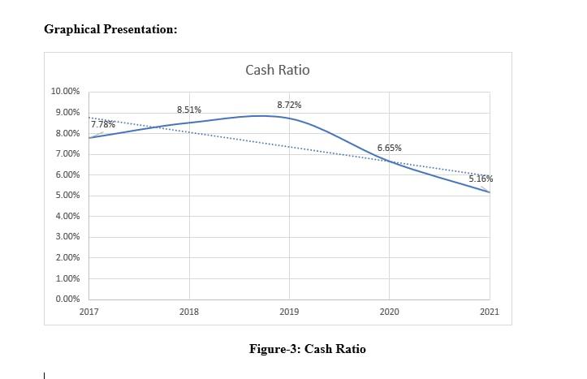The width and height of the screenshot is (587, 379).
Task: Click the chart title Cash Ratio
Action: tap(277, 70)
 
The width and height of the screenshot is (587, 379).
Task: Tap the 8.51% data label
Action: tap(189, 110)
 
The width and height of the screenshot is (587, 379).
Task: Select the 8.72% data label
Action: tap(289, 106)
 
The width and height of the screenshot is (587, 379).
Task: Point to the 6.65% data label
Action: tap(389, 148)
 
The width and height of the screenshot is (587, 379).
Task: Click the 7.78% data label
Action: tap(102, 125)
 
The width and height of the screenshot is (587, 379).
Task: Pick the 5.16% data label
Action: tap(481, 179)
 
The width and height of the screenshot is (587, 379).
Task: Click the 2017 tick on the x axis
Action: tap(88, 312)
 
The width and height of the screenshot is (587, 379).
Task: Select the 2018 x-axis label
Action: tap(188, 312)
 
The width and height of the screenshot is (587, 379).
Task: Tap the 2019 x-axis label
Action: tap(289, 312)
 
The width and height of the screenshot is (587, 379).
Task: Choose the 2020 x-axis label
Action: tap(389, 312)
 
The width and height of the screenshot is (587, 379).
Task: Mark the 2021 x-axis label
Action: tap(489, 312)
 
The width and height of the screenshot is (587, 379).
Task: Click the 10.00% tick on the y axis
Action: tap(65, 91)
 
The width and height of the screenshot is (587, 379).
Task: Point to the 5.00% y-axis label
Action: tap(67, 196)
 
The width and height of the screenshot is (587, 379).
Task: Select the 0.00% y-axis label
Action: tap(67, 299)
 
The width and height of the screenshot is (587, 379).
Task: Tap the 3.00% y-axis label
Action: tap(67, 237)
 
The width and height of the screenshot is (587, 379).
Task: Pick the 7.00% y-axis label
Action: tap(67, 154)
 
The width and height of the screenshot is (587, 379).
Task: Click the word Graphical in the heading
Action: tap(71, 29)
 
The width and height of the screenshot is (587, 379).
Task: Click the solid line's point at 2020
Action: tap(389, 162)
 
